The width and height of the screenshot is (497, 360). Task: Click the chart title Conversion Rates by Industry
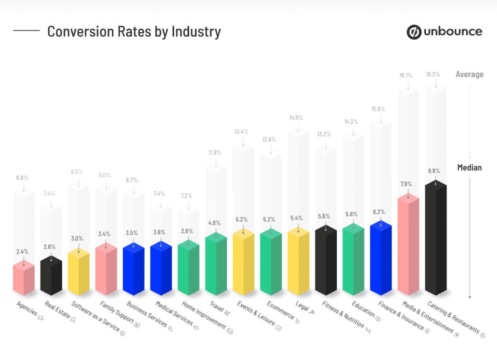coord(134,31)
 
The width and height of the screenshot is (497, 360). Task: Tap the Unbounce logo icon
coord(413,32)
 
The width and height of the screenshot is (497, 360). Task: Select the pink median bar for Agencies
coord(24,279)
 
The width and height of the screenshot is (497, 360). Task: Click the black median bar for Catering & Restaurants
coord(436,240)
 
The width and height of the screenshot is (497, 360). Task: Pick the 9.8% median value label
coord(434,171)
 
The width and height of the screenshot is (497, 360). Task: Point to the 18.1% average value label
coord(405,75)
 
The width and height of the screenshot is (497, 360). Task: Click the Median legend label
coord(469,168)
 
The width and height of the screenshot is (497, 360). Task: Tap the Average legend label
coord(469,75)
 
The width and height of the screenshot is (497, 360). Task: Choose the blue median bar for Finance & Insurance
coord(381,259)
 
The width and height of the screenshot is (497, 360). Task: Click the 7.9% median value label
coord(406,184)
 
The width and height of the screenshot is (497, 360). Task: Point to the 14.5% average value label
coord(296,118)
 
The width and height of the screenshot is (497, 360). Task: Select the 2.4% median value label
coord(22,251)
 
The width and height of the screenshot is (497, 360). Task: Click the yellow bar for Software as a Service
coord(79,273)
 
